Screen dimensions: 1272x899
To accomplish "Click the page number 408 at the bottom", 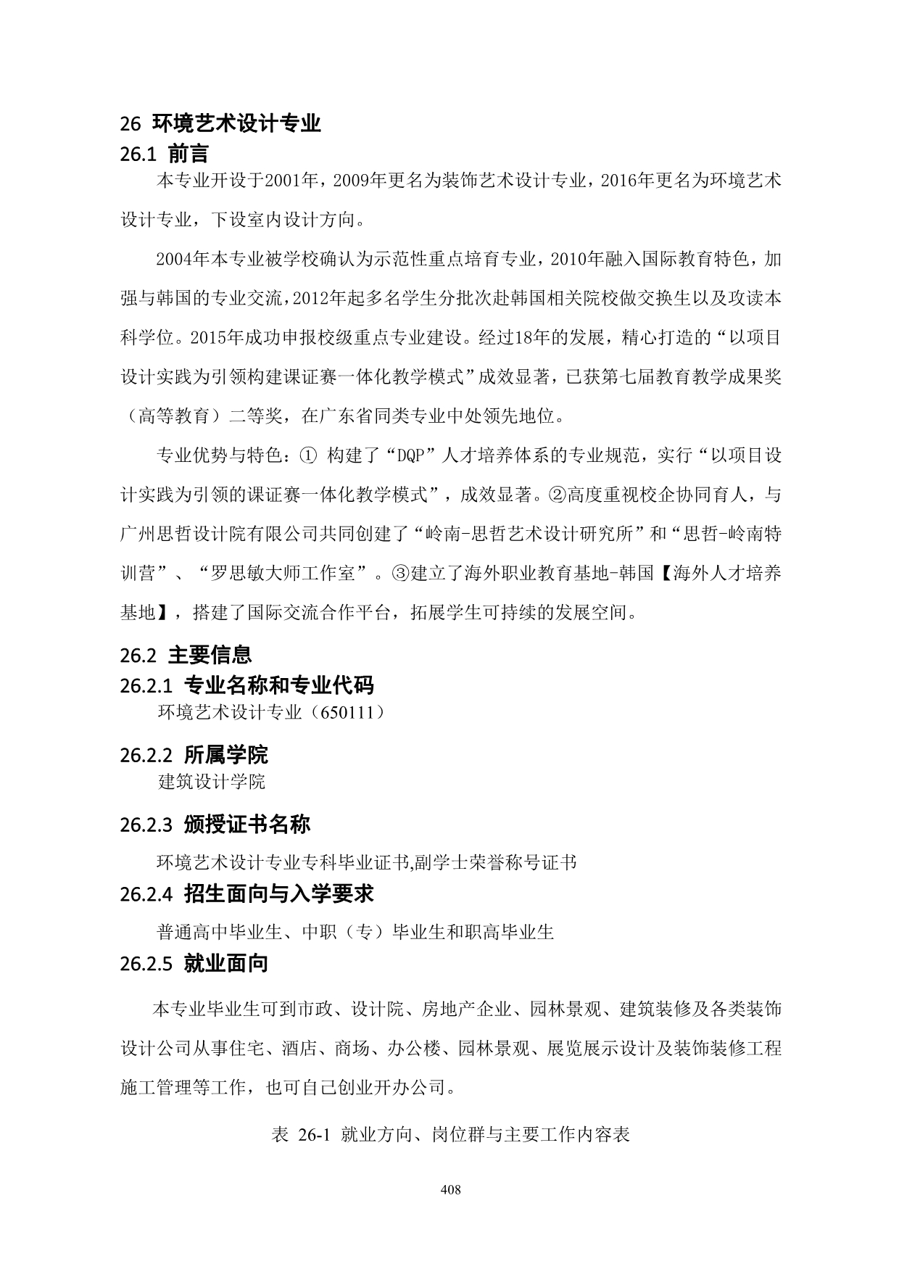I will pyautogui.click(x=450, y=1189).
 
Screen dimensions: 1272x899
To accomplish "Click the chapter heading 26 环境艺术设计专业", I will pyautogui.click(x=220, y=123).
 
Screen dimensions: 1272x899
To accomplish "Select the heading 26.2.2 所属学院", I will pyautogui.click(x=194, y=754).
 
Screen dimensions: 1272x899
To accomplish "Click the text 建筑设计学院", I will pyautogui.click(x=212, y=782).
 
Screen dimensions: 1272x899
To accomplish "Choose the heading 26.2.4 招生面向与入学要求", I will pyautogui.click(x=246, y=893).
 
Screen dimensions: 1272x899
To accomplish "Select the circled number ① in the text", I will pyautogui.click(x=307, y=456).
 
